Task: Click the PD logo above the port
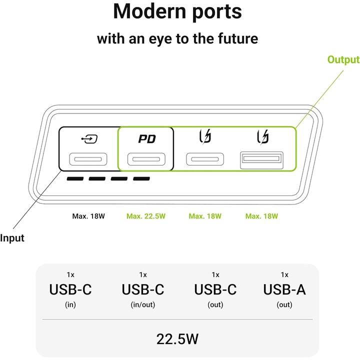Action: coord(147,138)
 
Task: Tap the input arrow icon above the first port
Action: coord(89,139)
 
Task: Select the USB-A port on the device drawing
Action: coord(261,160)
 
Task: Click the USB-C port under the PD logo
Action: coord(146,159)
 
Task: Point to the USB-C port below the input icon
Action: coord(88,159)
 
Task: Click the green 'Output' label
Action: coord(343,59)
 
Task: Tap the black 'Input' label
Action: coord(12,238)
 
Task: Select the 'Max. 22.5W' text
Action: coord(146,216)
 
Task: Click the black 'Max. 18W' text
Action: coord(88,216)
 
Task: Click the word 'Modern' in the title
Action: coord(149,11)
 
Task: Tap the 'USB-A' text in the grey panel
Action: coord(284,289)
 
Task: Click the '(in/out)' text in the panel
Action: coord(143,304)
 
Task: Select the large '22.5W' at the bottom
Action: coord(177,339)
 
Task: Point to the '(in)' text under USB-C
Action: coord(70,304)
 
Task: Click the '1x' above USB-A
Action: coord(284,274)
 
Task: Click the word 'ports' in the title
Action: coord(217,12)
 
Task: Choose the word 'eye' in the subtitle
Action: coord(160,39)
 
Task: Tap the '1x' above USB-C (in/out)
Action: coord(143,274)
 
